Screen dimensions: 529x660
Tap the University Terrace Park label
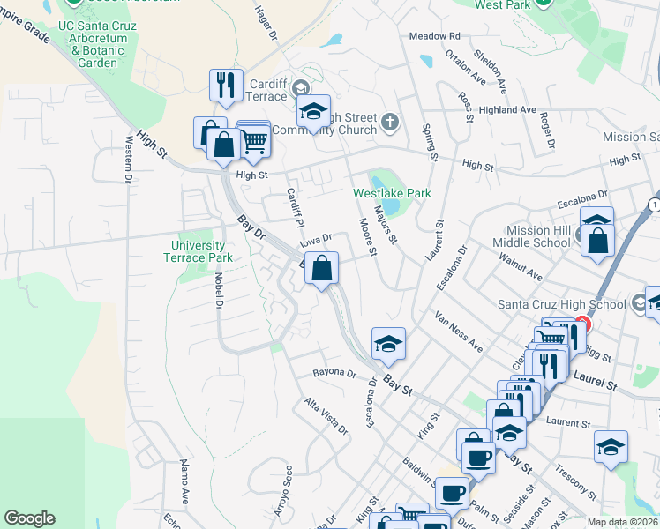pyautogui.click(x=199, y=251)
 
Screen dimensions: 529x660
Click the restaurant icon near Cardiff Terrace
pyautogui.click(x=226, y=86)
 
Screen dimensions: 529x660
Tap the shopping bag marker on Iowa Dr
pyautogui.click(x=322, y=267)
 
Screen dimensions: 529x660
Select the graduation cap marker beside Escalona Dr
pyautogui.click(x=388, y=343)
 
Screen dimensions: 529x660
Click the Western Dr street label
pyautogui.click(x=129, y=158)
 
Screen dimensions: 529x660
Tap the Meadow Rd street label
pyautogui.click(x=434, y=36)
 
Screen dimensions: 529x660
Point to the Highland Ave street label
pyautogui.click(x=508, y=110)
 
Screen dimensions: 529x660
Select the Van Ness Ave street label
pyautogui.click(x=458, y=331)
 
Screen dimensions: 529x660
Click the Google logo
pyautogui.click(x=30, y=518)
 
